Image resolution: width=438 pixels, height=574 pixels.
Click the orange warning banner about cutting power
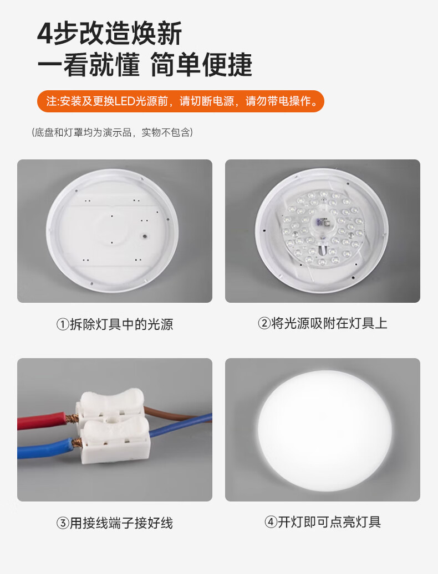click(x=181, y=101)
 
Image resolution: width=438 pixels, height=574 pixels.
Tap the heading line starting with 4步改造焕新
click(x=110, y=34)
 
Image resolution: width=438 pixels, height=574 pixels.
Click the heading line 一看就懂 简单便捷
click(x=145, y=65)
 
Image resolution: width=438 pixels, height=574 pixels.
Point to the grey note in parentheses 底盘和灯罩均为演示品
click(x=113, y=132)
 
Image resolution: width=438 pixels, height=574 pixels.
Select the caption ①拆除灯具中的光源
click(x=115, y=324)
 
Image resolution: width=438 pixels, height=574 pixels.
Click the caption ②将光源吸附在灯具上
click(x=323, y=323)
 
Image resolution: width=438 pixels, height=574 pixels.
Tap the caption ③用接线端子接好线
click(x=115, y=523)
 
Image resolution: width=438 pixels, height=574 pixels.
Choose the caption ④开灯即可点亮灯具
click(x=323, y=521)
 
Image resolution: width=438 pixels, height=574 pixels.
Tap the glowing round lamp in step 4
click(x=324, y=430)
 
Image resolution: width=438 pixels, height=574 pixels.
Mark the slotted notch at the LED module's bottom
click(x=322, y=251)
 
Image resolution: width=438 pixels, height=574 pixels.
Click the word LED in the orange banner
click(x=125, y=101)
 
